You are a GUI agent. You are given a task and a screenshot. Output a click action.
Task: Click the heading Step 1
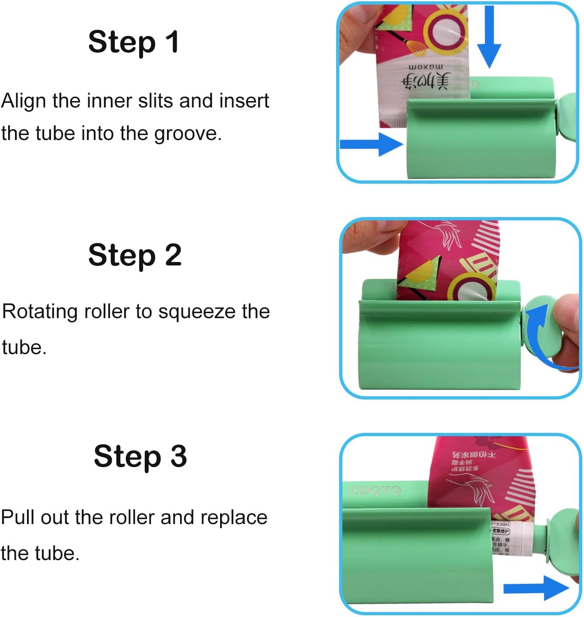[133, 42]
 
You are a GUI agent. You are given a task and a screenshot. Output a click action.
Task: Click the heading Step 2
[135, 255]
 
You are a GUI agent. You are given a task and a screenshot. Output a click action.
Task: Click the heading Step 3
[140, 456]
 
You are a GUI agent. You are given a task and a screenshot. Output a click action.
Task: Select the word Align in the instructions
[24, 101]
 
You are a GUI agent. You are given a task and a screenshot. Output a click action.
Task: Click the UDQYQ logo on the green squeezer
[375, 490]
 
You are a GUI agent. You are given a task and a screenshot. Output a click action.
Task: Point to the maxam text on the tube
[426, 67]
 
